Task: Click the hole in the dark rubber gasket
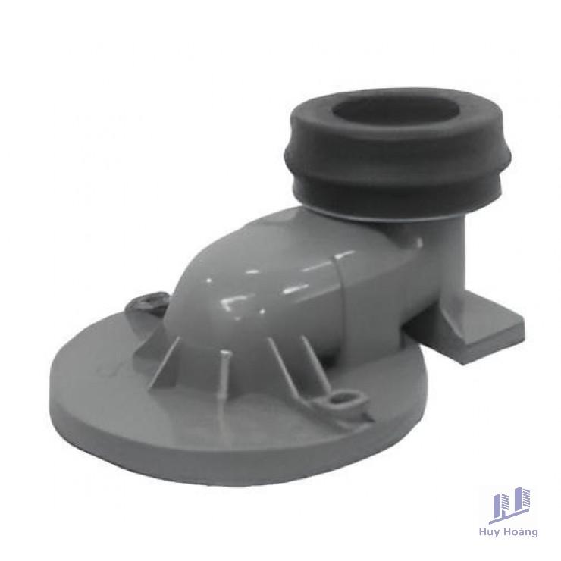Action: (x=395, y=111)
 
